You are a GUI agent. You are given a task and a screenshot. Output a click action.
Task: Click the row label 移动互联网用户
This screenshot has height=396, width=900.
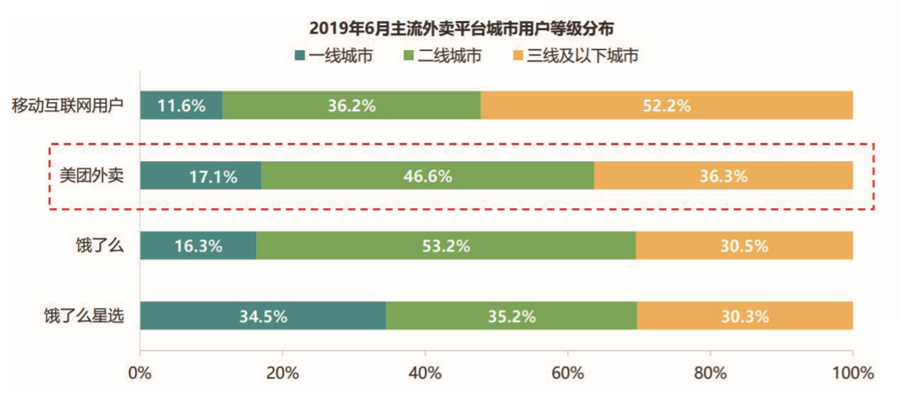[67, 106]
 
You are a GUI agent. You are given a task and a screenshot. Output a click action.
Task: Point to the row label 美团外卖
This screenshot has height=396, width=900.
[90, 175]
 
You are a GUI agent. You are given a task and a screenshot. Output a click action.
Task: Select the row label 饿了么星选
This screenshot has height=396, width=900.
[84, 316]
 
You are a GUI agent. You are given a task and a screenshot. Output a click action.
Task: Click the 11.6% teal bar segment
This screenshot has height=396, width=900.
[181, 106]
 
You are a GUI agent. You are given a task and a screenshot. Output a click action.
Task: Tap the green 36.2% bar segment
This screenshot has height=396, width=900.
[351, 106]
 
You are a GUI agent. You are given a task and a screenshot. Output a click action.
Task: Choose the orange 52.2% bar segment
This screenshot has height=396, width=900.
[666, 106]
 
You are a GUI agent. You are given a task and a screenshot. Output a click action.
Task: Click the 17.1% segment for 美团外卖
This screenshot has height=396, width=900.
[201, 175]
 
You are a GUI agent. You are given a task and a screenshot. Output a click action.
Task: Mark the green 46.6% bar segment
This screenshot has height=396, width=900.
[427, 175]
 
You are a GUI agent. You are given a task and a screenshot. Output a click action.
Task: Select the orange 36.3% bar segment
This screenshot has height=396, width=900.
[723, 175]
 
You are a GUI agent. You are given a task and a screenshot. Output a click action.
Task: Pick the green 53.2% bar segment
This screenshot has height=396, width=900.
[445, 246]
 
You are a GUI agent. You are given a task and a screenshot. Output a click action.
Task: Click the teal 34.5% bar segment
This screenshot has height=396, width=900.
[263, 316]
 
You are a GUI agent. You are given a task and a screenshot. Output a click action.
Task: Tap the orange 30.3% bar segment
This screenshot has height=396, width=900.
[745, 316]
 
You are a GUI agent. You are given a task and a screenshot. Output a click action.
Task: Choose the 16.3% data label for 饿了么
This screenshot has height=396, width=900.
[198, 246]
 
